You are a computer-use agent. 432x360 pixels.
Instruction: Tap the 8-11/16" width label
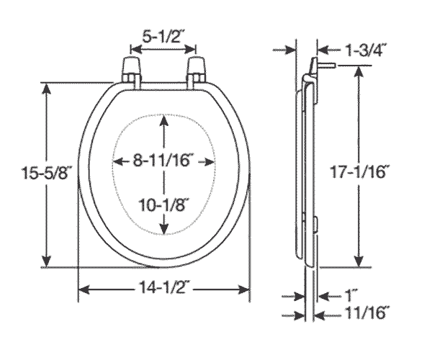tap(166, 161)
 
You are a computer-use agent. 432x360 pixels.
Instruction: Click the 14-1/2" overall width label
tap(164, 289)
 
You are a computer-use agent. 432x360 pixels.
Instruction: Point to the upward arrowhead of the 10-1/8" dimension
tap(166, 120)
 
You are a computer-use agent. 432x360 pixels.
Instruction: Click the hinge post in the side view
tap(325, 64)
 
